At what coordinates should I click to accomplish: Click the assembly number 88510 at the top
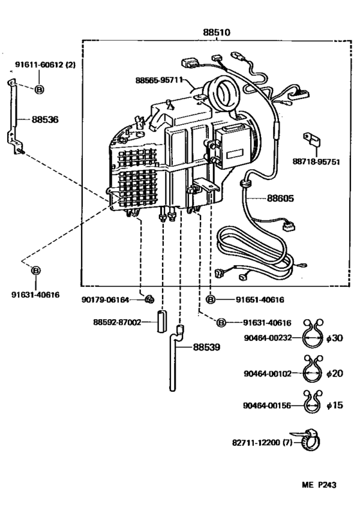point(217,32)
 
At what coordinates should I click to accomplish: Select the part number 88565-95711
point(159,80)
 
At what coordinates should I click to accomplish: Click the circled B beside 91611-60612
point(39,89)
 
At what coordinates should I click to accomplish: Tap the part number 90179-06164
point(105,299)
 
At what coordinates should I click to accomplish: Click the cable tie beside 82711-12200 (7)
point(309,441)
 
